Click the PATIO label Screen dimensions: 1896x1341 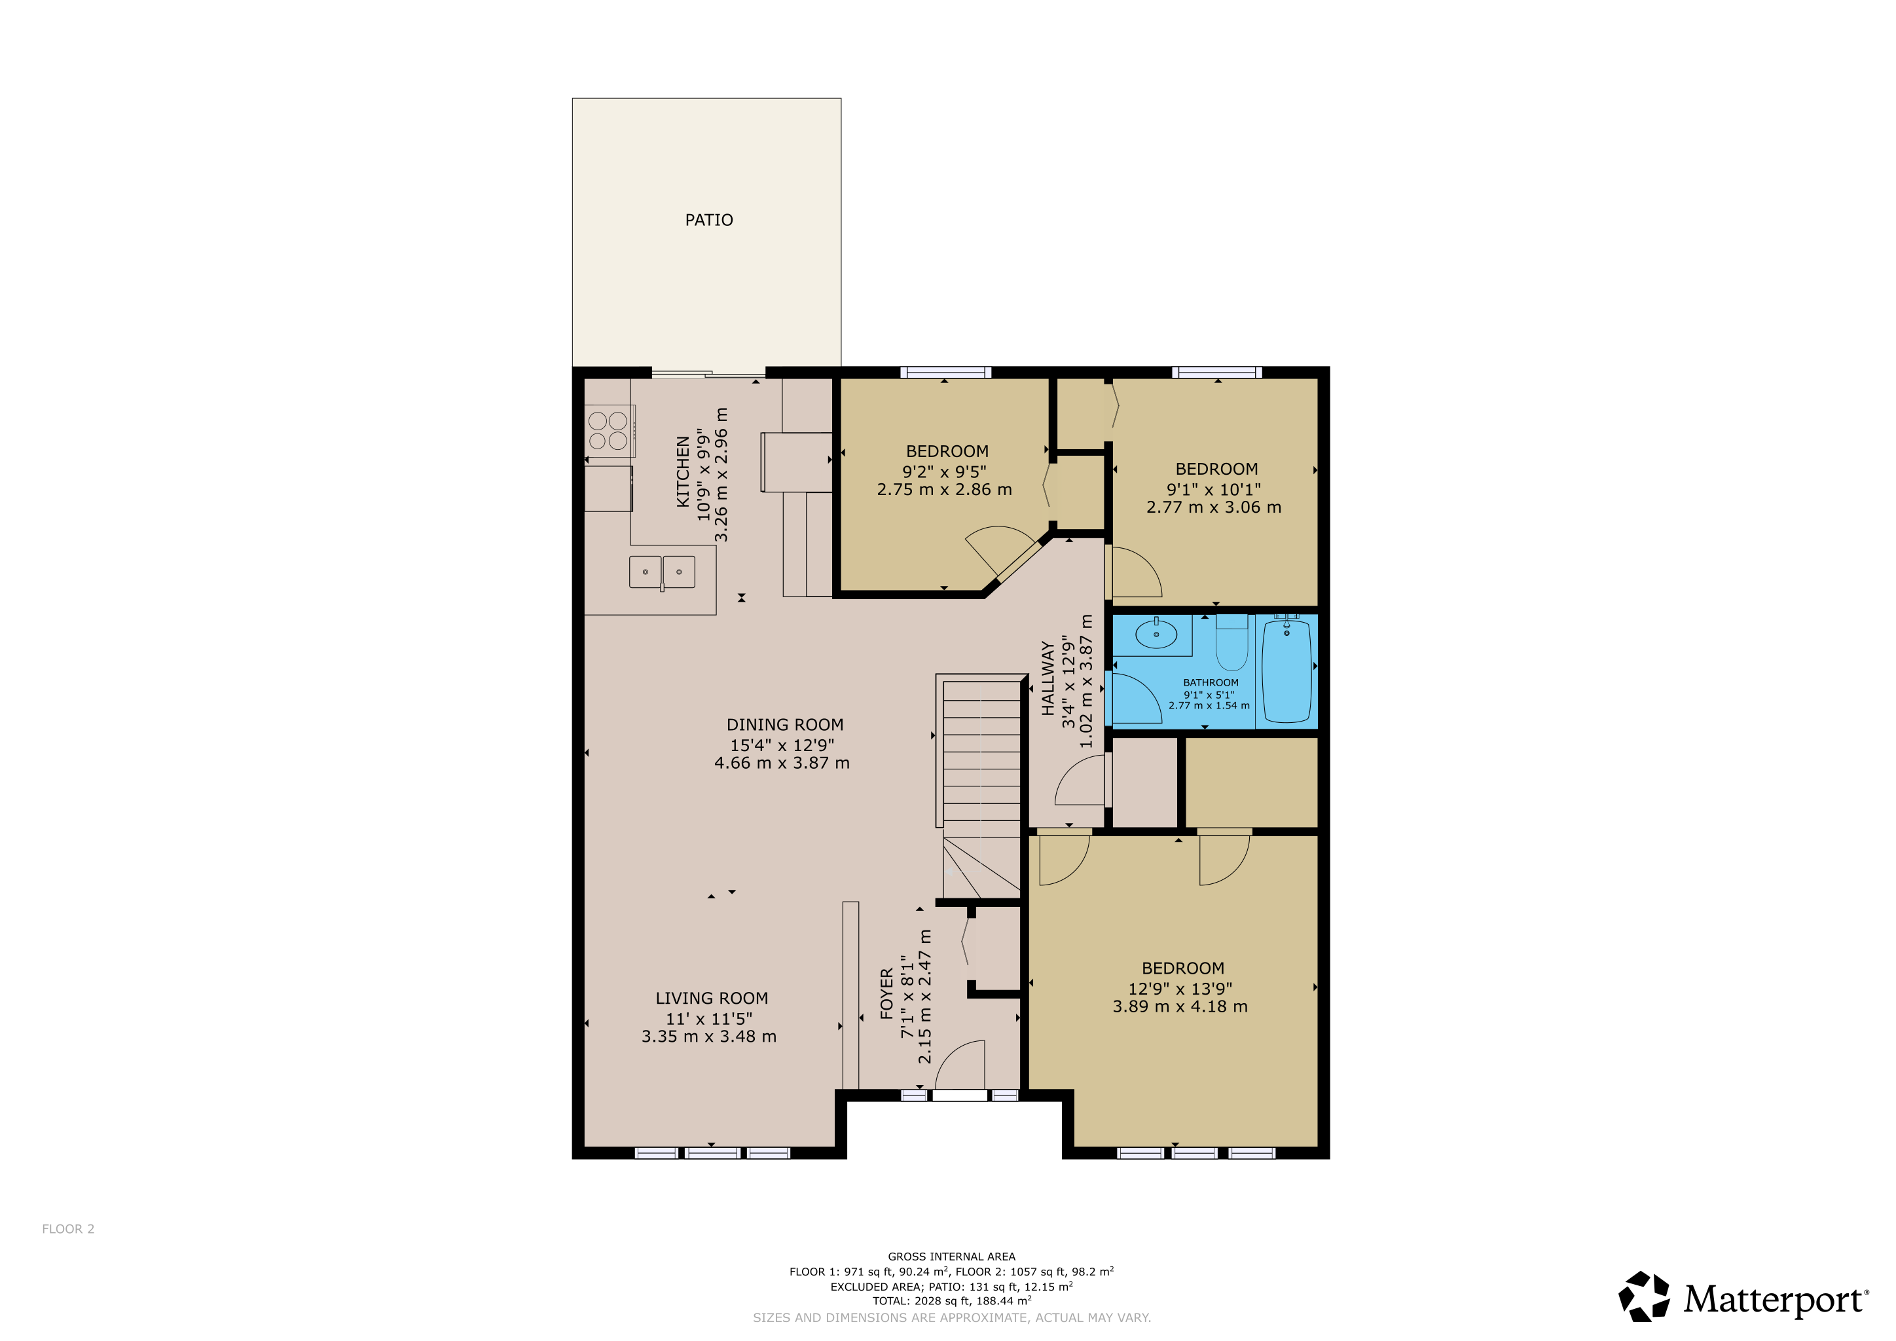pyautogui.click(x=708, y=219)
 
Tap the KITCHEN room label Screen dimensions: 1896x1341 pyautogui.click(x=683, y=471)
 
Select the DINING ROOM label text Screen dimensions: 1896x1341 pyautogui.click(x=784, y=724)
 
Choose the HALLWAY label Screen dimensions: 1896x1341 pyautogui.click(x=1047, y=678)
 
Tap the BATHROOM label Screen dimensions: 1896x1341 pyautogui.click(x=1211, y=682)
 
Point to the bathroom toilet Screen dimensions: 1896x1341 pyautogui.click(x=1231, y=643)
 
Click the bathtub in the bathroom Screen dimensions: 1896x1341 pyautogui.click(x=1286, y=670)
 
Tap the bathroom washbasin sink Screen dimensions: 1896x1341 pyautogui.click(x=1156, y=634)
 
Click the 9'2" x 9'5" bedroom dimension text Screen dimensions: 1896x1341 pyautogui.click(x=944, y=471)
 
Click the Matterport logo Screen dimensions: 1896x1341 pyautogui.click(x=1742, y=1297)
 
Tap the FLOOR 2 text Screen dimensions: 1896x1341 pyautogui.click(x=69, y=1228)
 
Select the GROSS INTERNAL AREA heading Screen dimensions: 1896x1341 pyautogui.click(x=951, y=1256)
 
